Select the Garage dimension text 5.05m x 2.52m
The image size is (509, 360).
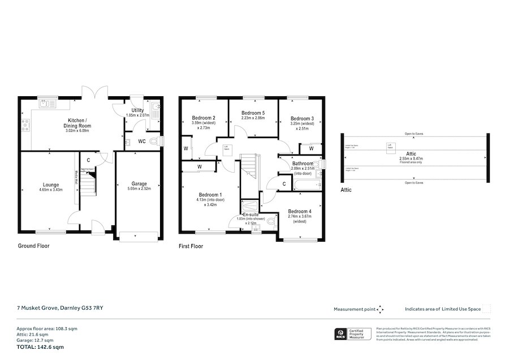[x=140, y=190]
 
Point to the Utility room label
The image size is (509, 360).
[x=137, y=110]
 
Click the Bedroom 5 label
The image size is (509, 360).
[x=253, y=113]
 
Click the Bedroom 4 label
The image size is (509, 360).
[x=300, y=211]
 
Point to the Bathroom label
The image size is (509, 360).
[x=303, y=162]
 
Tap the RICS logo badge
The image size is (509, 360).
[x=341, y=333]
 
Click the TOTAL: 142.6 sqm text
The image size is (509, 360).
[x=40, y=346]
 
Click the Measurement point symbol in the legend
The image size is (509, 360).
[x=381, y=309]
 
